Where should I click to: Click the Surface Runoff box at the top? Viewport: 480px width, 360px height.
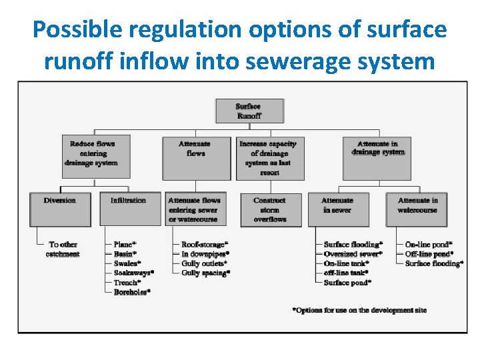pyautogui.click(x=249, y=111)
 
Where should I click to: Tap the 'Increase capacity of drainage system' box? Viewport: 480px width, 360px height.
pyautogui.click(x=269, y=157)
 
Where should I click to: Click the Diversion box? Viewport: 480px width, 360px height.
pyautogui.click(x=59, y=209)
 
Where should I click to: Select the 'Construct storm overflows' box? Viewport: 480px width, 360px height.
pyautogui.click(x=269, y=209)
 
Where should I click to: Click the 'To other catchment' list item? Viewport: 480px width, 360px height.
pyautogui.click(x=64, y=249)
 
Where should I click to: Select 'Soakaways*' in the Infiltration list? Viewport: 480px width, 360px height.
pyautogui.click(x=133, y=273)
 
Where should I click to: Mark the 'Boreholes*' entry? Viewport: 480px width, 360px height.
pyautogui.click(x=132, y=292)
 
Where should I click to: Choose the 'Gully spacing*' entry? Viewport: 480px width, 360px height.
pyautogui.click(x=206, y=273)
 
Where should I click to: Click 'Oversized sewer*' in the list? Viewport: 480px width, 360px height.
pyautogui.click(x=353, y=254)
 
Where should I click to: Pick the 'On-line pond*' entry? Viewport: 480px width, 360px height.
pyautogui.click(x=429, y=245)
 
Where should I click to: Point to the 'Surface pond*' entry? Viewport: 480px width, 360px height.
pyautogui.click(x=347, y=283)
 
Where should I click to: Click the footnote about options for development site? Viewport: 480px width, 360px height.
pyautogui.click(x=359, y=310)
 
